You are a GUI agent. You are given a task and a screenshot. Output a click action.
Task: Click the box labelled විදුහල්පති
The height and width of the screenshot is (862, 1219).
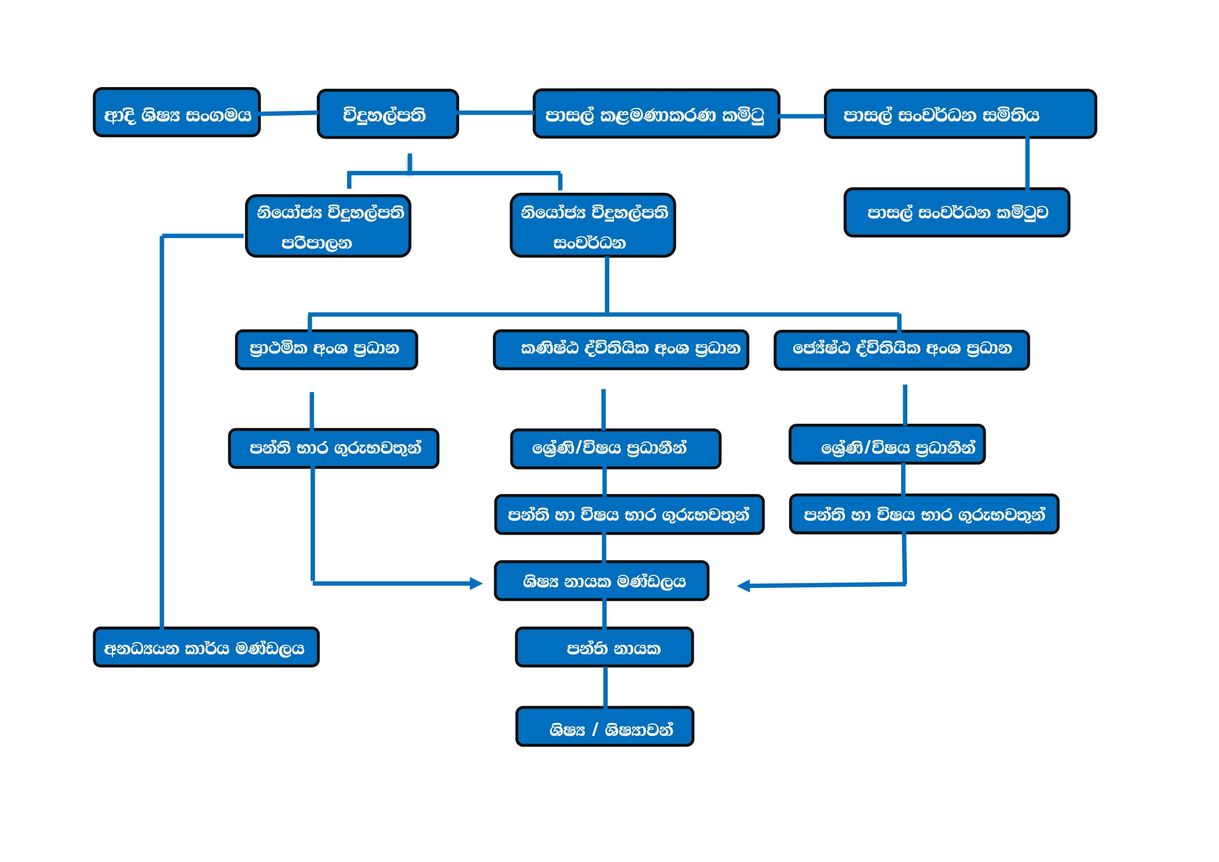tap(388, 114)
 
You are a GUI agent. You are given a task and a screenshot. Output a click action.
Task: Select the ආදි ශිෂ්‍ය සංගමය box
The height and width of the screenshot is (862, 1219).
tap(177, 113)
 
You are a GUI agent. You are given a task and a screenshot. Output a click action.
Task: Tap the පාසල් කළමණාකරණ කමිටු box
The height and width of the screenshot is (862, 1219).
tap(656, 114)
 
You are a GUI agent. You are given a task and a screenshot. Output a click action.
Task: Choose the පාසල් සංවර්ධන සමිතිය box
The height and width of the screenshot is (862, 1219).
tap(960, 114)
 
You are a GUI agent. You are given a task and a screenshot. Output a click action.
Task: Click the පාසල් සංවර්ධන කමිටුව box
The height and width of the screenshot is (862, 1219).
tap(957, 212)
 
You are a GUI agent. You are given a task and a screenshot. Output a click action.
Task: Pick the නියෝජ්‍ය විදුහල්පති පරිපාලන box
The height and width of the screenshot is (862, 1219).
tap(328, 226)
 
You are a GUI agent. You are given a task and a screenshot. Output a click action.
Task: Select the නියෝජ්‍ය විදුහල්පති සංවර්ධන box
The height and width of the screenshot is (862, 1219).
tap(593, 226)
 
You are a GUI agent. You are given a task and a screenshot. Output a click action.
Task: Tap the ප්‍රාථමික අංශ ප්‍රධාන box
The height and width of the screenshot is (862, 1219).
tap(327, 350)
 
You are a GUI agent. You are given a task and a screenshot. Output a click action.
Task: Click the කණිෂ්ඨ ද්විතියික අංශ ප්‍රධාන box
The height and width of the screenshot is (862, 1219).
tap(621, 350)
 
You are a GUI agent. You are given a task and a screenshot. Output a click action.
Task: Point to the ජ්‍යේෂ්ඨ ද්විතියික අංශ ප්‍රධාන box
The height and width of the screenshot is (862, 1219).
tap(902, 350)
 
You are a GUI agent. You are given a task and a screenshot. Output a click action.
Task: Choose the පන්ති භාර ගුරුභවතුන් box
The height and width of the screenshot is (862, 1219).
tap(334, 449)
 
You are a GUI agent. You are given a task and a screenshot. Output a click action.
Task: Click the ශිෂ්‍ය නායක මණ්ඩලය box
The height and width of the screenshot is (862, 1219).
tap(601, 581)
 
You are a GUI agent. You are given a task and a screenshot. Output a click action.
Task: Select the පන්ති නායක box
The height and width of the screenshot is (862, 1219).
tap(604, 648)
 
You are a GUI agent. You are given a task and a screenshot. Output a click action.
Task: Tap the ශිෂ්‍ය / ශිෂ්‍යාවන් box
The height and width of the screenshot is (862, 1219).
tap(605, 727)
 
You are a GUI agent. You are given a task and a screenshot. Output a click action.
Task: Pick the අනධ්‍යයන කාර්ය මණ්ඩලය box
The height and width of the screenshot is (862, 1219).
tap(206, 648)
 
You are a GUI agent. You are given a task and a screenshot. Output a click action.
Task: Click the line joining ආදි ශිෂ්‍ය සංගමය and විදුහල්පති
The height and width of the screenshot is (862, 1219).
tap(288, 113)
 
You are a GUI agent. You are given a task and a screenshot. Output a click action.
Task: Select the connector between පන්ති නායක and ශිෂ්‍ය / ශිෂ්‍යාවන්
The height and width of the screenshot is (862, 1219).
tap(605, 687)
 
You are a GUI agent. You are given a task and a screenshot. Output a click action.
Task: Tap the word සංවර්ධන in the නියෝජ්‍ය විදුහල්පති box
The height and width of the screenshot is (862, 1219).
tap(589, 243)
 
